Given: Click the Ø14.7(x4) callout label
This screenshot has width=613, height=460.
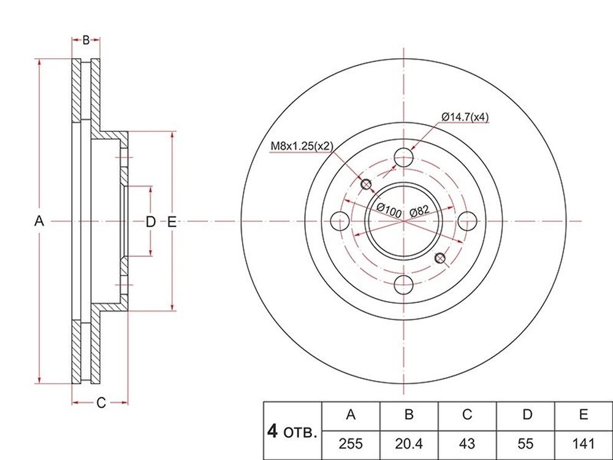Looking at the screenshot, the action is (465, 117).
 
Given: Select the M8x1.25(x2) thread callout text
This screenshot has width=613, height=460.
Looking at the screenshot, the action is (302, 147).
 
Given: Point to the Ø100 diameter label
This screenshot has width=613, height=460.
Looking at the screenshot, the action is (389, 210).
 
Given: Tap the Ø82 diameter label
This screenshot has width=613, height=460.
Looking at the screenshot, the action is (420, 210).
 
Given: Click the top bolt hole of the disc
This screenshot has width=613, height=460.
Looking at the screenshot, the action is (403, 158).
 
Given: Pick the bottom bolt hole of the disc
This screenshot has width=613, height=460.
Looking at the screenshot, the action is (403, 285).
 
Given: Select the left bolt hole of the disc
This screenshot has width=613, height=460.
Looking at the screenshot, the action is (340, 221).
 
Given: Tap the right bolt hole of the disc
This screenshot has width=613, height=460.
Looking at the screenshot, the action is (466, 221).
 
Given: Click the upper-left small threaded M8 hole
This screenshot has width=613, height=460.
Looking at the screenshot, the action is (367, 184).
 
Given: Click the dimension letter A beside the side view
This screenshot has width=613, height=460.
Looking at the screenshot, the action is (39, 221).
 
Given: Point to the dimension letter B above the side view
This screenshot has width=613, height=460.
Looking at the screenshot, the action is (86, 39).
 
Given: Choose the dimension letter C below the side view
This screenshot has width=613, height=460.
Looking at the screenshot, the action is (101, 402).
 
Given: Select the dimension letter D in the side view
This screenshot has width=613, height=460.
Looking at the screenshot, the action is (151, 222).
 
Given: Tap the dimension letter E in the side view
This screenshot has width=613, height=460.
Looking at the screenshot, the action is (172, 222).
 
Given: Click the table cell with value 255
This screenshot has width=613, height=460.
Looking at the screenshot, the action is (351, 443).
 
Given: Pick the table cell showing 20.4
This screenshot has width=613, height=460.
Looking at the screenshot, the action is (409, 443).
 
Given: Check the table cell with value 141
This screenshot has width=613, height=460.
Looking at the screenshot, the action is (584, 443).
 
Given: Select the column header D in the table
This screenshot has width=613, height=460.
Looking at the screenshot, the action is (527, 414).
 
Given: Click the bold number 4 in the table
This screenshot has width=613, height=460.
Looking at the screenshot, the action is (272, 431).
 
